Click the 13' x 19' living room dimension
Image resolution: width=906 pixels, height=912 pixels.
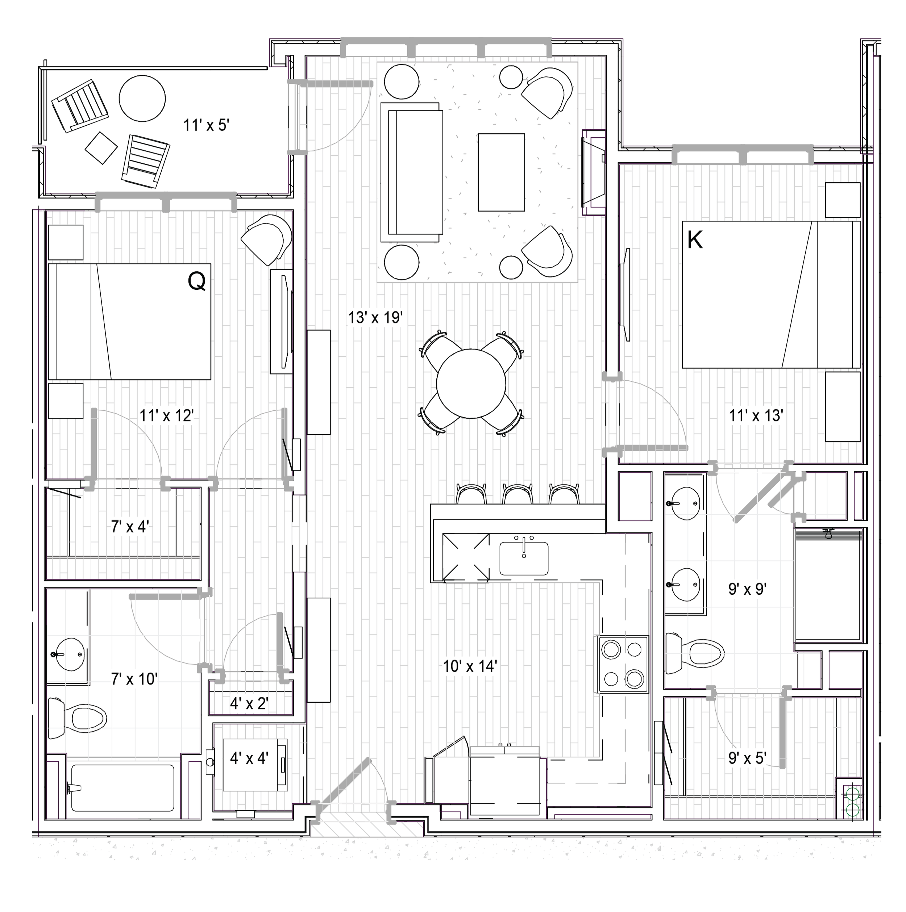(x=375, y=317)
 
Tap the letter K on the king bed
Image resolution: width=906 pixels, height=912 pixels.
(x=695, y=240)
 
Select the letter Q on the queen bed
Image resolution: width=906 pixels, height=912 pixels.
(x=196, y=282)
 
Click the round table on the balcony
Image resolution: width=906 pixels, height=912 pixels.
(x=142, y=99)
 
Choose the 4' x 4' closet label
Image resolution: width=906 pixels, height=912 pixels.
(x=249, y=758)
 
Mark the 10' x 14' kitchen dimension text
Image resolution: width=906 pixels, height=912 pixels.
(x=470, y=666)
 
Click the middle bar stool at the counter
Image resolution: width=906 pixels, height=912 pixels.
(x=518, y=494)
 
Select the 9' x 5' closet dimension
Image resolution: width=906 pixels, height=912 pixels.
(x=747, y=758)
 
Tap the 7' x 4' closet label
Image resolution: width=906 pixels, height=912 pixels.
(x=130, y=526)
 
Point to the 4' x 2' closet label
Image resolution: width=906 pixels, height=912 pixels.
(x=249, y=704)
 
